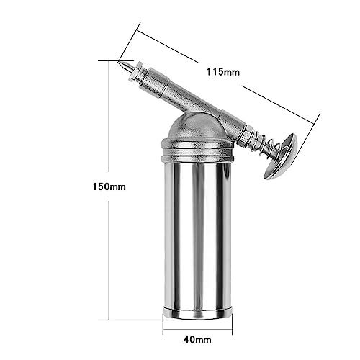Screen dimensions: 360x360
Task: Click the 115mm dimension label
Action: click(223, 72)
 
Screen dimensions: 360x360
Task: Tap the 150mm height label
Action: click(109, 186)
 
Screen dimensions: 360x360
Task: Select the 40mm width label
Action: click(197, 339)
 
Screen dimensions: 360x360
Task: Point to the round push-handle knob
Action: click(281, 156)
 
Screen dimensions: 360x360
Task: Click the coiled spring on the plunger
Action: click(268, 149)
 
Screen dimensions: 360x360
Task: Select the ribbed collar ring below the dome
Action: click(197, 150)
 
